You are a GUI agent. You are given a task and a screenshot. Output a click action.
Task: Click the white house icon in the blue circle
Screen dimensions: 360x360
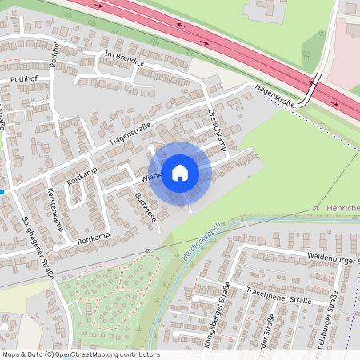pos(180,172)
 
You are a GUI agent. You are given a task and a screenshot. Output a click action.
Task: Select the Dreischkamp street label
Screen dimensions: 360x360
pos(218,130)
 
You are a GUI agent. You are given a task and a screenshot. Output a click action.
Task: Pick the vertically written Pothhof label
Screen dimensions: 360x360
pos(55,52)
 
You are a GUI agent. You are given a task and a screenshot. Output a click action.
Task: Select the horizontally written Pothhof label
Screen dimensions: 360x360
pos(24,80)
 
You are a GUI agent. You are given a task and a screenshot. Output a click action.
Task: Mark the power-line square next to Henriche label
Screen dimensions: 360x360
pos(315,208)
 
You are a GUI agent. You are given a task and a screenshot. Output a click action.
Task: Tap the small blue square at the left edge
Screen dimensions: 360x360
pos(3,192)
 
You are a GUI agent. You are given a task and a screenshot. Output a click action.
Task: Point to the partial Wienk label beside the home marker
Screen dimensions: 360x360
pos(151,176)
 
